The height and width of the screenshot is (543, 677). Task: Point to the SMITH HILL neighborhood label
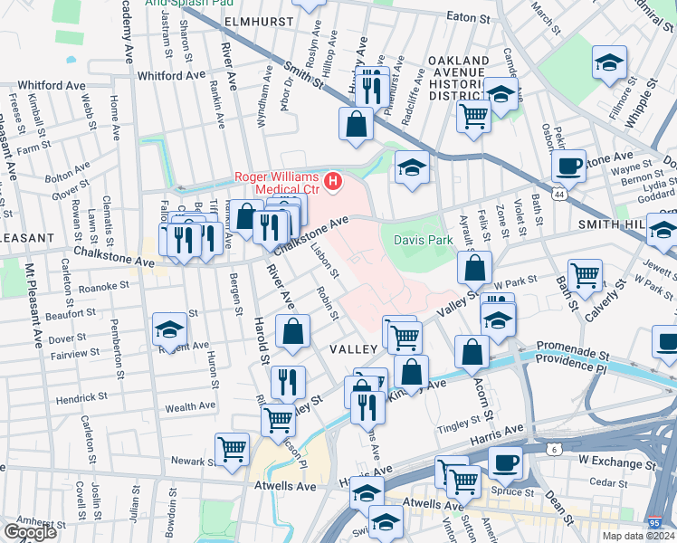coord(612,223)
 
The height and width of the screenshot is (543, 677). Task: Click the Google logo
coord(30,532)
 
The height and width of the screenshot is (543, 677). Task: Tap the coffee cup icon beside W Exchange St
coord(506,463)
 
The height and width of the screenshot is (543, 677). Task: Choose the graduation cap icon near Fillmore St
coord(609,62)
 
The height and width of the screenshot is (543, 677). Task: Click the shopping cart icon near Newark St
coord(233,447)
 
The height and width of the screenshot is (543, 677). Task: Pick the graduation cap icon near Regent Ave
coord(170,330)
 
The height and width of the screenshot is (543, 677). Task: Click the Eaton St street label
coord(468,17)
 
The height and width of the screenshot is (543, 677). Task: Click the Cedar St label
coord(600,481)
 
